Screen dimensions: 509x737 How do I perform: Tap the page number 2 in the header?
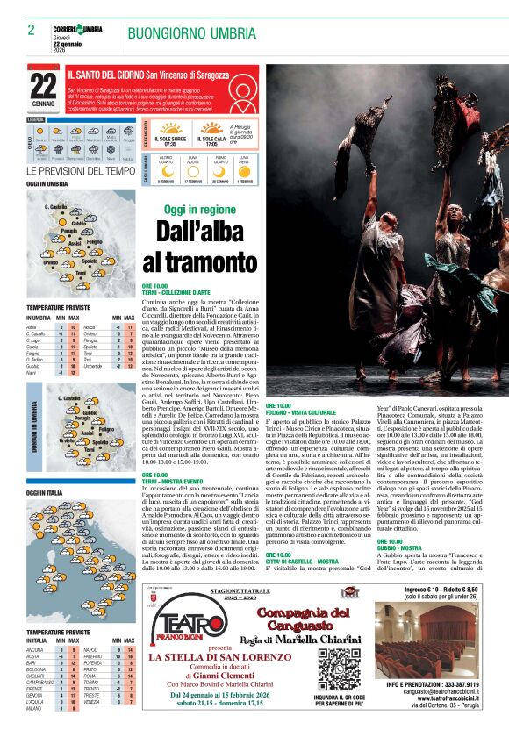[31, 31]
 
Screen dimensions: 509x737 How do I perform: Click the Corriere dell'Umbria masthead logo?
[77, 30]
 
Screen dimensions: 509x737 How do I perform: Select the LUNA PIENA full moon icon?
[249, 172]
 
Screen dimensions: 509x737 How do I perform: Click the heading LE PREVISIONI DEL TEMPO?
[81, 170]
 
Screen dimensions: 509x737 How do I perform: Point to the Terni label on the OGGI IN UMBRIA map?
[80, 273]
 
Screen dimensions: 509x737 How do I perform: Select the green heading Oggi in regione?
[199, 210]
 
